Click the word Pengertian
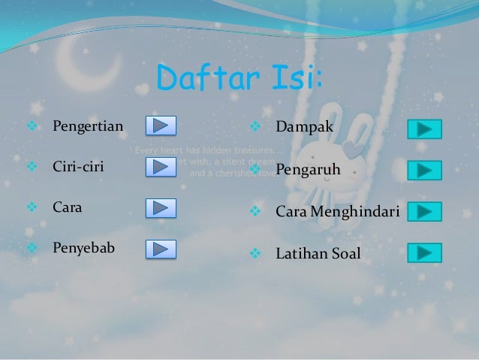click(x=87, y=125)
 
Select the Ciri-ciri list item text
click(x=77, y=166)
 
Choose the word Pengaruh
click(x=308, y=171)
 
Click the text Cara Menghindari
click(x=338, y=213)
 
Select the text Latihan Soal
click(x=318, y=254)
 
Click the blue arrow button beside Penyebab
click(x=160, y=249)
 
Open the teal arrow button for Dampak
click(x=424, y=129)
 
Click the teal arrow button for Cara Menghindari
click(x=424, y=211)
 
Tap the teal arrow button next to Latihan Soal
click(x=424, y=253)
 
